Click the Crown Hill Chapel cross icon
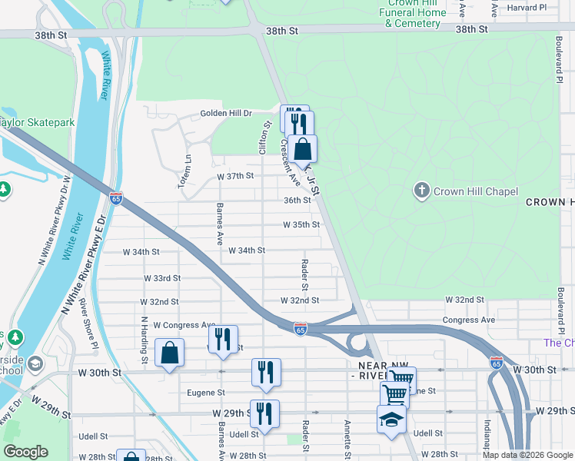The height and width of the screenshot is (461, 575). pos(421,191)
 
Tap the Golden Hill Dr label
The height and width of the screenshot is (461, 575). pos(226,114)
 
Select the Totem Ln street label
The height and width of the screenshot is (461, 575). pos(187,163)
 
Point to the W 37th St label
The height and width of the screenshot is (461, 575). pos(234,176)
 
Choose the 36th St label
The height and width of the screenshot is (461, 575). pos(297,200)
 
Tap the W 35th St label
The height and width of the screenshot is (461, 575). pos(301,225)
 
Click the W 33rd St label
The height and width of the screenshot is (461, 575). pos(161,278)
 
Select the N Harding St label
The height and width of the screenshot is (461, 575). pos(144,340)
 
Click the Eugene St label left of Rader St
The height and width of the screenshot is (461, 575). pos(205,392)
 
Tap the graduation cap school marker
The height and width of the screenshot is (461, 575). pos(391,420)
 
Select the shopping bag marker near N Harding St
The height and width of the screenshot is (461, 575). pos(169,353)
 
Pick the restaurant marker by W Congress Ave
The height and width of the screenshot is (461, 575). pos(223,340)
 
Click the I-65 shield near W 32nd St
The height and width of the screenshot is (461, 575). pos(300,328)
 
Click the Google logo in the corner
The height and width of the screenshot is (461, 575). pos(25,452)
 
